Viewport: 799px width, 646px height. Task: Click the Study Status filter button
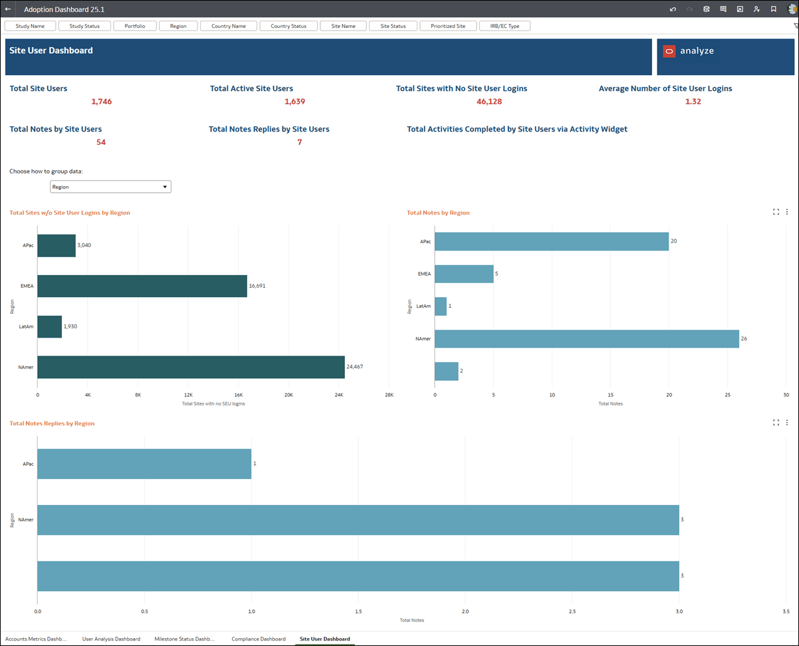[x=84, y=26]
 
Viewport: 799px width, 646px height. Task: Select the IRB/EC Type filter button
[x=505, y=26]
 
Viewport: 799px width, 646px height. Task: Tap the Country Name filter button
[x=229, y=26]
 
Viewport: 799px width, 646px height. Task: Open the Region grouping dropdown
[x=110, y=187]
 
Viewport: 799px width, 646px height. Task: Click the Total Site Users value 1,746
[x=102, y=102]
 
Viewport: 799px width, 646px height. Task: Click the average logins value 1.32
[x=693, y=102]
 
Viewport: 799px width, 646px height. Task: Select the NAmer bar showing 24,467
[x=191, y=367]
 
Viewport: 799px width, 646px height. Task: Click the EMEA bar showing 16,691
[x=142, y=286]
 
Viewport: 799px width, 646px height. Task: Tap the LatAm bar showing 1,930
[x=50, y=326]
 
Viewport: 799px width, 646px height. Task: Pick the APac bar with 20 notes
[x=551, y=241]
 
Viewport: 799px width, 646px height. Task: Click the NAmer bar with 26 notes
[x=586, y=338]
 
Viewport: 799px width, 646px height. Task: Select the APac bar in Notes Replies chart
[x=144, y=463]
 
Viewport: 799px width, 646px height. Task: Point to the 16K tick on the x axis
[x=239, y=395]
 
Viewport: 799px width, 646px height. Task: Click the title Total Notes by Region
[x=438, y=213]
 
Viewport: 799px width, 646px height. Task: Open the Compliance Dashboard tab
[x=259, y=639]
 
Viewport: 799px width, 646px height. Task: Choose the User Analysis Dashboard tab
[x=111, y=639]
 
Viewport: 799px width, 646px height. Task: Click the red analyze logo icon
[x=669, y=51]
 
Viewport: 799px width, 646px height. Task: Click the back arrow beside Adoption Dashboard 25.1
[x=8, y=9]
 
